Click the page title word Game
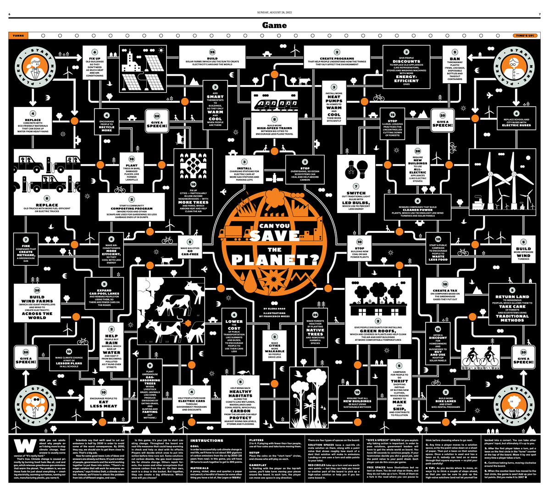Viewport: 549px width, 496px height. [x=274, y=25]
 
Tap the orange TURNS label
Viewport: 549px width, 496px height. [x=18, y=35]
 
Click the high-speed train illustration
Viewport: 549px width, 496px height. [x=274, y=104]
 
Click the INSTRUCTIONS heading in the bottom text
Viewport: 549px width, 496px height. [x=206, y=440]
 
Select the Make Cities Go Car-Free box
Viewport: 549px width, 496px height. [x=190, y=248]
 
